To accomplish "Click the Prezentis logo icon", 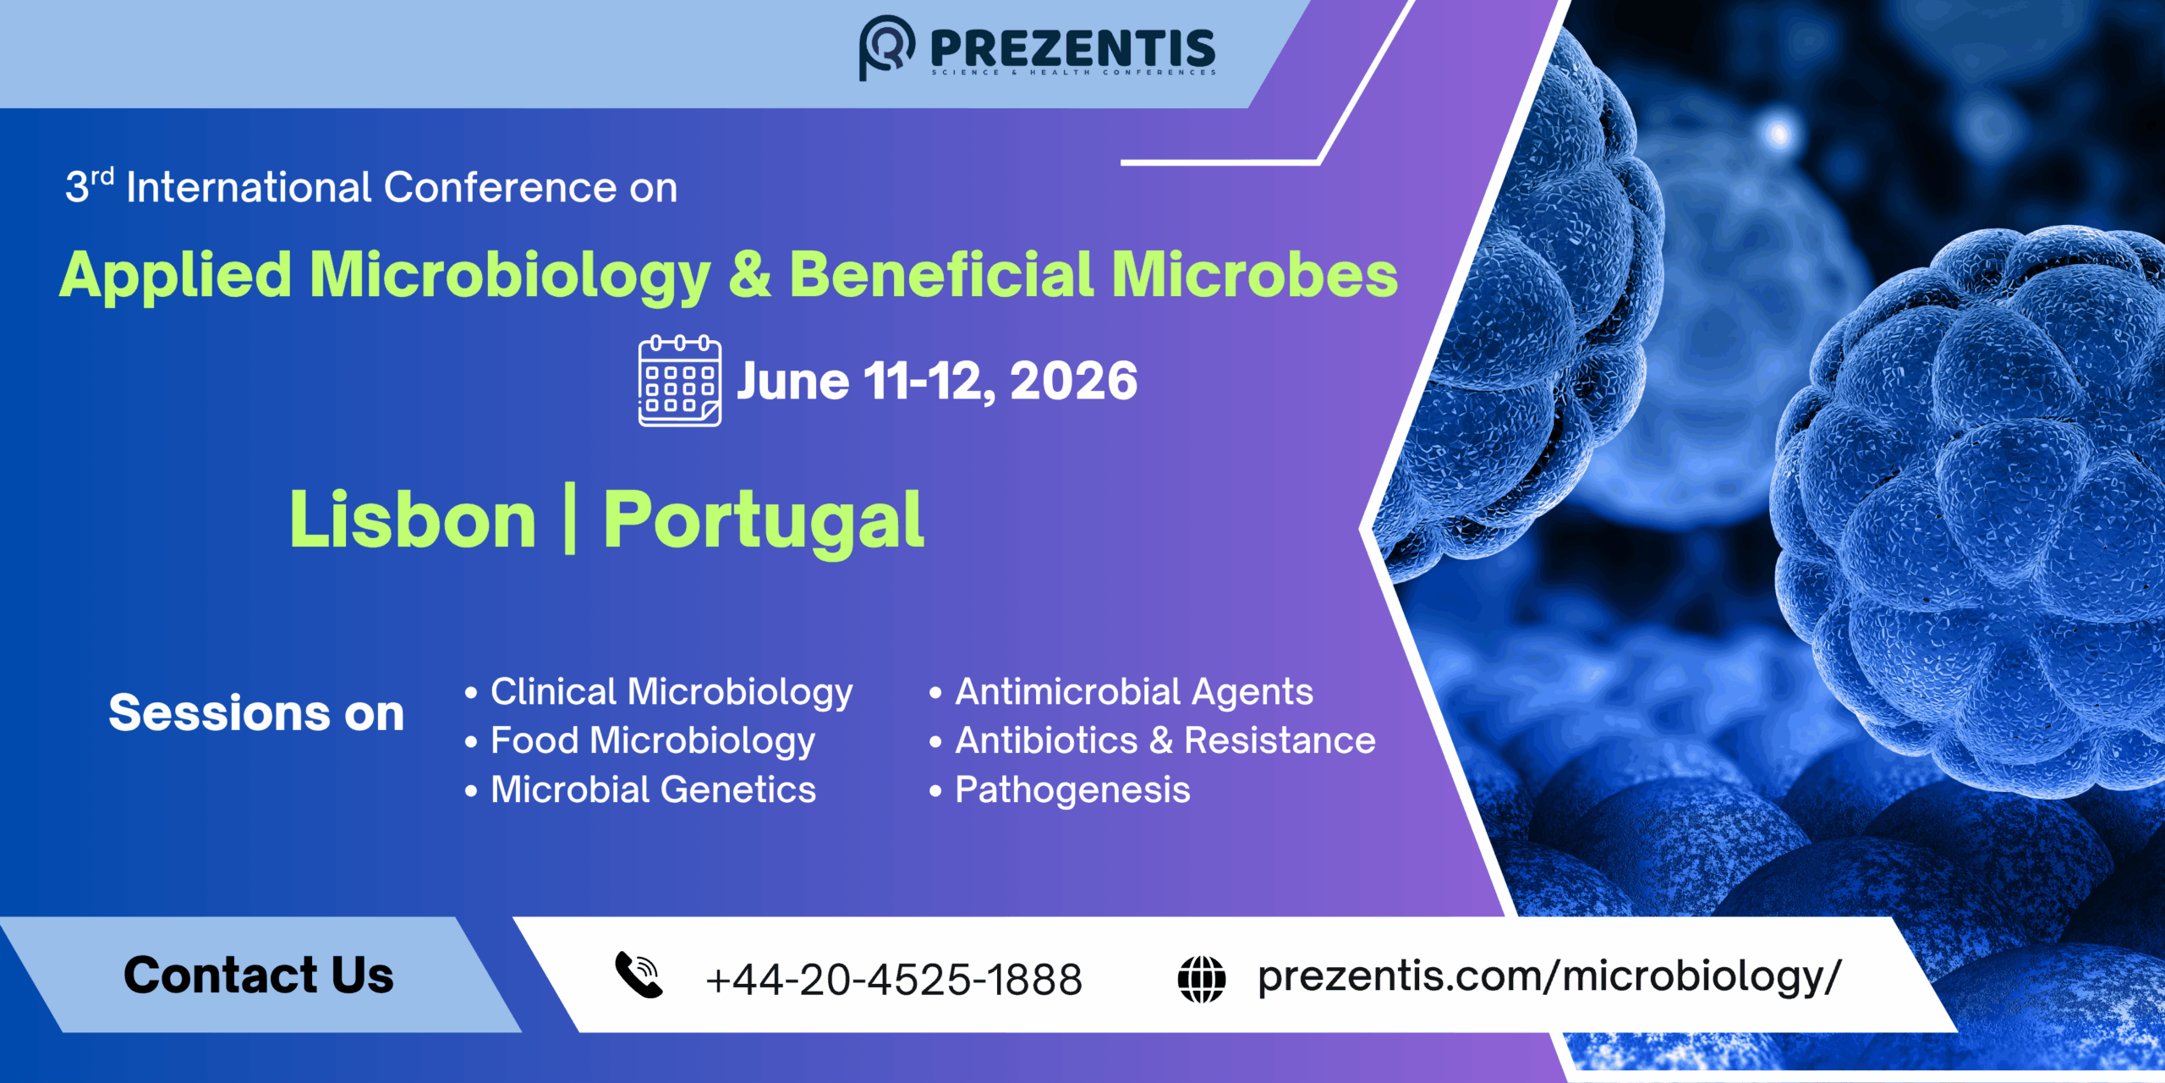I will click(886, 47).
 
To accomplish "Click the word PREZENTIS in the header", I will click(1072, 49).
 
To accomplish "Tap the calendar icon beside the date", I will click(679, 382).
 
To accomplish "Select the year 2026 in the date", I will click(1073, 382).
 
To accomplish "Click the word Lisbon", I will click(413, 520).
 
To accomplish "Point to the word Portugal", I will click(763, 521).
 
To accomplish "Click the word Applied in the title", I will click(176, 276).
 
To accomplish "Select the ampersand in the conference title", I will click(749, 274).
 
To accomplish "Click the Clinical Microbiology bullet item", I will click(671, 692).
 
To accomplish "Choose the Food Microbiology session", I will click(652, 741).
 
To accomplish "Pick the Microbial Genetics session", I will click(653, 789).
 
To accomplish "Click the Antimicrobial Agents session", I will click(1133, 692).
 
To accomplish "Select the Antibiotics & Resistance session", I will click(1165, 741).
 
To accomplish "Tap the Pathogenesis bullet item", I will click(1072, 790).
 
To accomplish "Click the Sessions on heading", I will click(256, 713).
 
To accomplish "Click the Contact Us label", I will click(259, 975).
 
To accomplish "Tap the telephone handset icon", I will click(639, 976).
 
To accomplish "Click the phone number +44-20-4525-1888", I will click(894, 980).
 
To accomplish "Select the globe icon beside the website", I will click(1201, 979).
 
